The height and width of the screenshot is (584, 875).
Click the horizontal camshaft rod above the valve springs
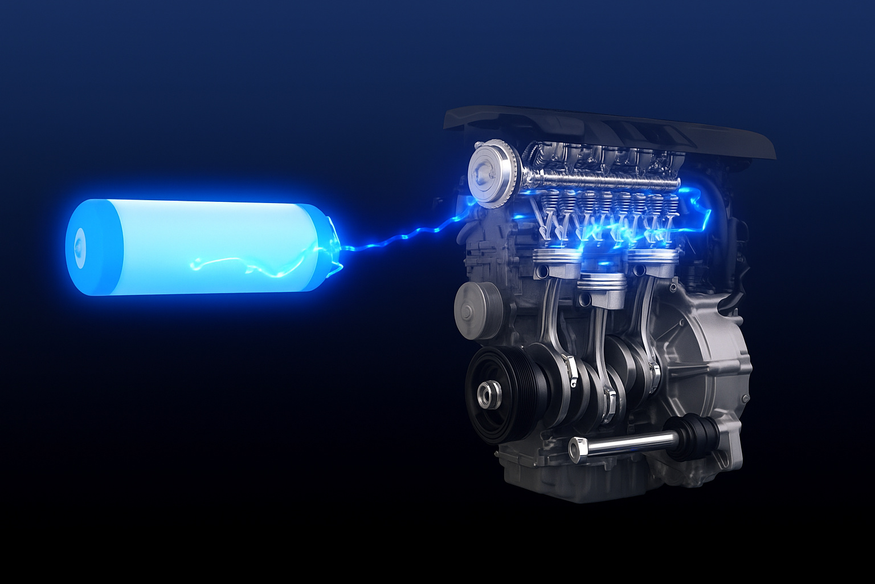point(598,182)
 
